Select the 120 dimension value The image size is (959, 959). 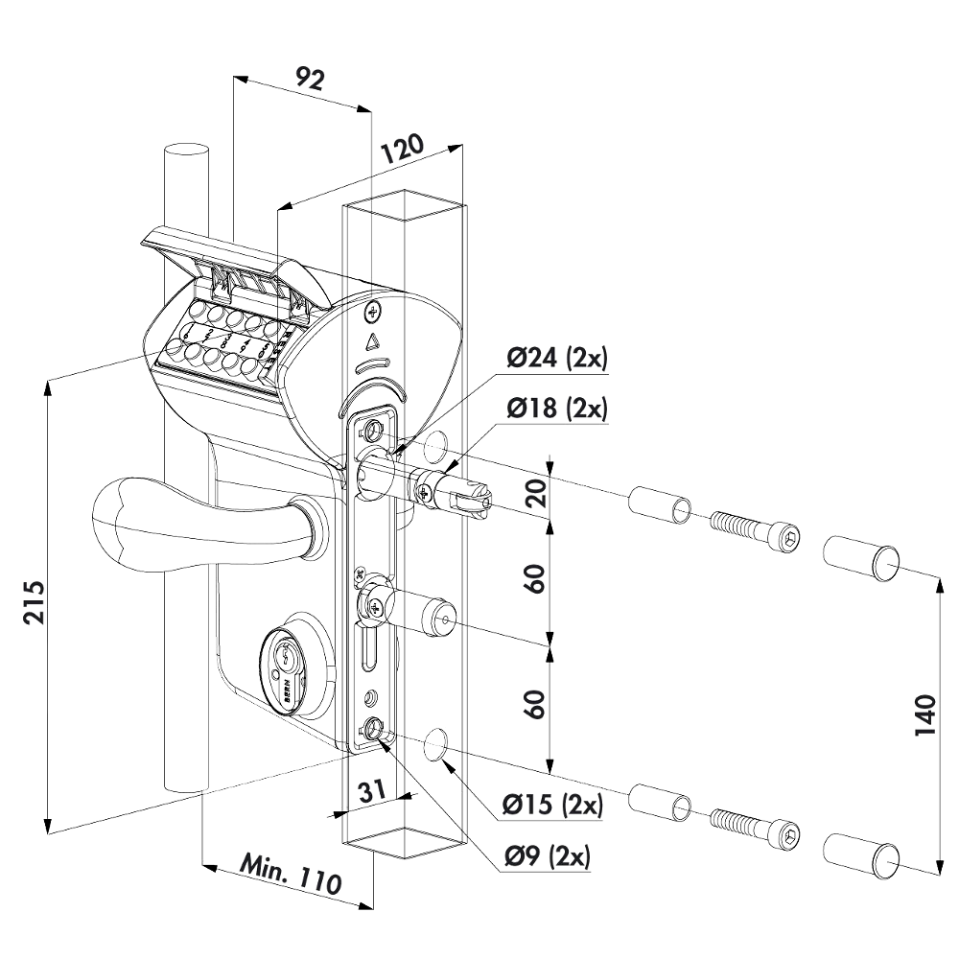(x=403, y=152)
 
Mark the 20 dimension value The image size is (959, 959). (x=537, y=492)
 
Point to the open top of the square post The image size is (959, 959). (x=404, y=200)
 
